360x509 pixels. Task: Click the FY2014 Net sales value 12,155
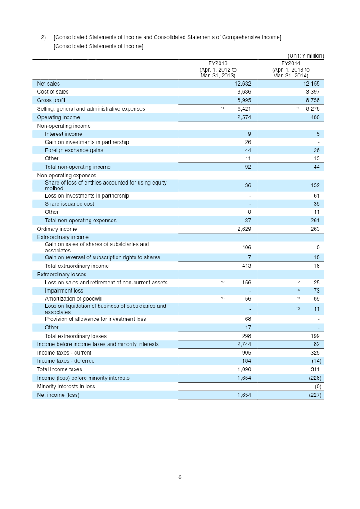[x=311, y=84]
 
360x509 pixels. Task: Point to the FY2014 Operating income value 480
[x=315, y=117]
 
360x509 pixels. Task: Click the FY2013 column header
[x=218, y=70]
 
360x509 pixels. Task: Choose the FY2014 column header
[x=291, y=70]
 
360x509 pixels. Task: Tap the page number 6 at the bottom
[x=180, y=477]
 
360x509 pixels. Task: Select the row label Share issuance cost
[x=69, y=204]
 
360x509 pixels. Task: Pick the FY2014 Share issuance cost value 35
[x=316, y=204]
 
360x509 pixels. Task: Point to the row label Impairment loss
[x=64, y=291]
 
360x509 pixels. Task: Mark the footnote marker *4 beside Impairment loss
[x=298, y=290]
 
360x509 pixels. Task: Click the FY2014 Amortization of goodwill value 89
[x=316, y=299]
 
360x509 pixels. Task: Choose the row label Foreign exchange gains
[x=74, y=150]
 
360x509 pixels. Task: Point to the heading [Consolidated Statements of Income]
[x=99, y=46]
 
